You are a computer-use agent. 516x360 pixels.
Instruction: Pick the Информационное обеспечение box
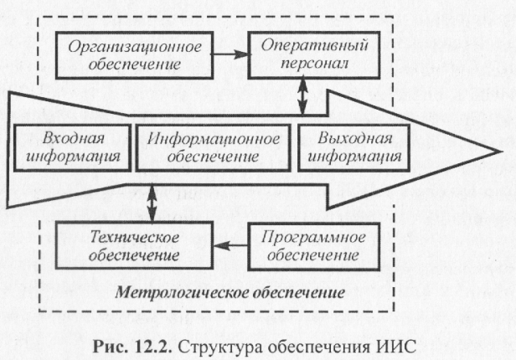tap(211, 147)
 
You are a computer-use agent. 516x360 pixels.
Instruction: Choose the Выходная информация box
tap(351, 147)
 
